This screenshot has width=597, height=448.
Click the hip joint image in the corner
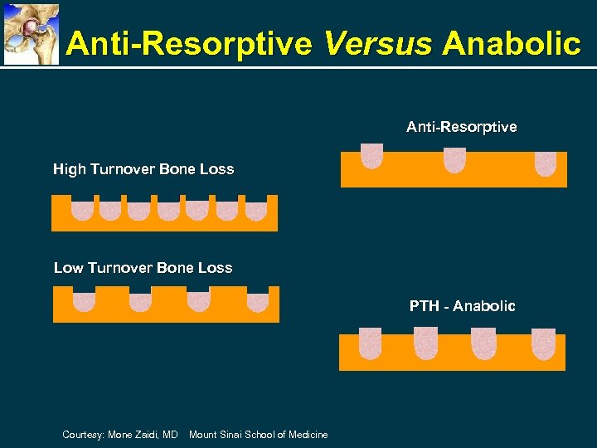(32, 33)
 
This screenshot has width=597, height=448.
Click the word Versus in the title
(378, 43)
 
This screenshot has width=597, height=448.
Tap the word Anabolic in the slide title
(511, 43)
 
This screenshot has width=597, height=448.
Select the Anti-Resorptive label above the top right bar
(461, 127)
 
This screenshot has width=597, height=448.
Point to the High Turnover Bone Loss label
(143, 169)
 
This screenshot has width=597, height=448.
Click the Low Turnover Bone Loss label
(143, 268)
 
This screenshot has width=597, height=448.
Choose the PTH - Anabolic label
(462, 306)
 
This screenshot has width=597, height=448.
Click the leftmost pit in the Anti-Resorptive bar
(371, 156)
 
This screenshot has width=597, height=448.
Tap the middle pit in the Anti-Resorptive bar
(455, 159)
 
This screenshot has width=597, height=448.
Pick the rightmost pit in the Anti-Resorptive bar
(545, 163)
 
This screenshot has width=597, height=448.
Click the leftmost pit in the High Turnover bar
(82, 211)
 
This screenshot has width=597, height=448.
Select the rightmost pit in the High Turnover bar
(256, 211)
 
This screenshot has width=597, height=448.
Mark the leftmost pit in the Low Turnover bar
(85, 301)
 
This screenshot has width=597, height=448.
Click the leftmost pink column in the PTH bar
(370, 343)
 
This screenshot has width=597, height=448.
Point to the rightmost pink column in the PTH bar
(543, 343)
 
